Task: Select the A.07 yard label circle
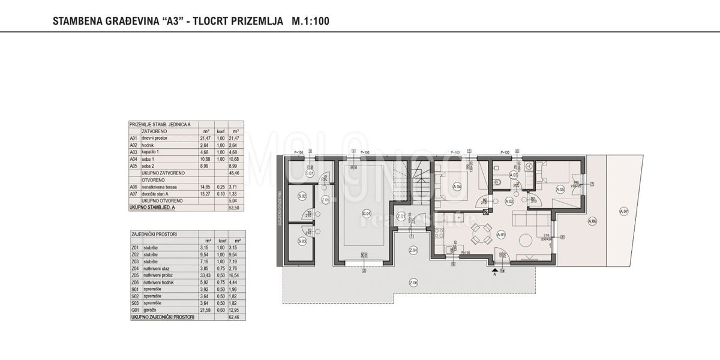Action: pos(624,211)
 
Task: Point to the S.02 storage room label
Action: pos(302,196)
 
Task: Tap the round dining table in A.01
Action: pos(479,233)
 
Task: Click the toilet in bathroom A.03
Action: pos(493,182)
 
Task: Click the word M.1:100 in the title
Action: pos(310,21)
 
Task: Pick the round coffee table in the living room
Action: pos(524,240)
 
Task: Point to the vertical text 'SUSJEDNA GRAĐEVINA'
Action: pos(280,211)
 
